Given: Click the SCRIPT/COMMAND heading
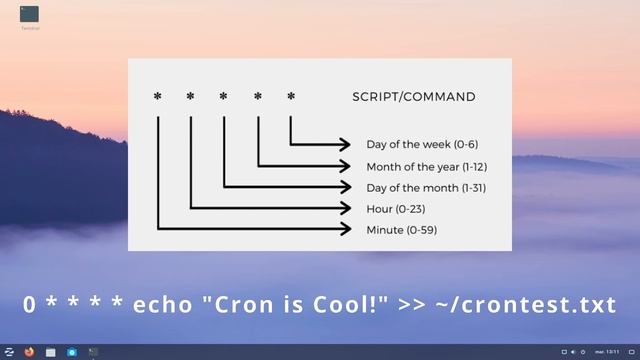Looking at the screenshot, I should (414, 97).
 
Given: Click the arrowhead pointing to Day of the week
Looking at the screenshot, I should (345, 145).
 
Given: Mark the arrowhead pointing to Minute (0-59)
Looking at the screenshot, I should (345, 230).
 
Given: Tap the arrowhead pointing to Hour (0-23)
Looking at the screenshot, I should (345, 209).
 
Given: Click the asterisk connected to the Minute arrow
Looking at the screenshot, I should (157, 97).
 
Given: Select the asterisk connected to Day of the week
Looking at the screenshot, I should (291, 97).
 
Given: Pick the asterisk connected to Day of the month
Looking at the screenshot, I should (224, 97).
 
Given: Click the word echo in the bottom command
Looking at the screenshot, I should (165, 304).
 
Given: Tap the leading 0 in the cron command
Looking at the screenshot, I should (29, 304).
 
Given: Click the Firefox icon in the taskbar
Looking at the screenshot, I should (29, 352).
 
